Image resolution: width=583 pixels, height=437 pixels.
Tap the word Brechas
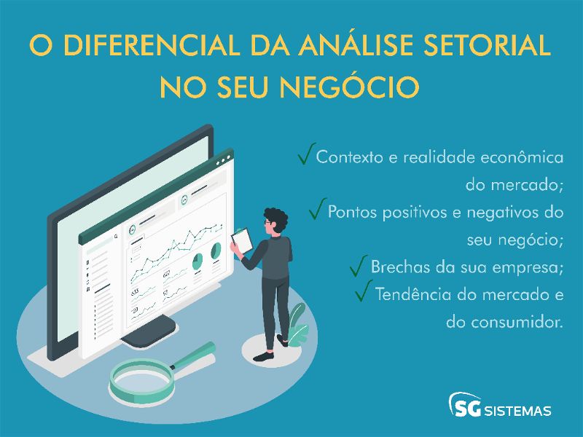pyautogui.click(x=402, y=267)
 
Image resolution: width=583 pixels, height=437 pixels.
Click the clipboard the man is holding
pyautogui.click(x=240, y=240)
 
